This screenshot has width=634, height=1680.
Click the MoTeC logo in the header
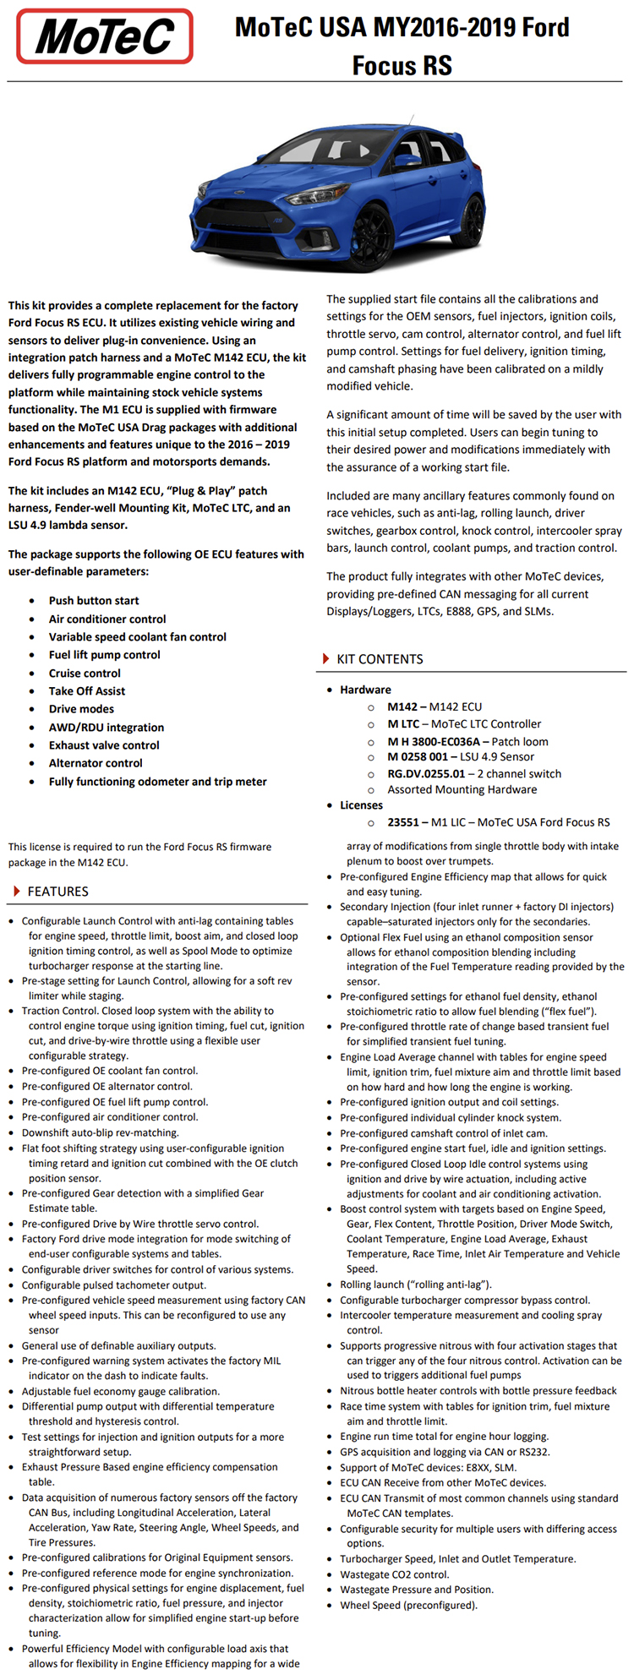coord(105,37)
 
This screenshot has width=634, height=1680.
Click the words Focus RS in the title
coord(402,65)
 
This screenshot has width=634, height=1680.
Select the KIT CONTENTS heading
coord(380,659)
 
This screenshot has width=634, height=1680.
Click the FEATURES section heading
coord(57,892)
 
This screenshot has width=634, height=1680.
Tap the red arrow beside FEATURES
coord(17,892)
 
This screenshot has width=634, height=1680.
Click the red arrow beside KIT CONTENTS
coord(326,659)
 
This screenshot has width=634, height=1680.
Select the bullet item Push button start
coord(94,601)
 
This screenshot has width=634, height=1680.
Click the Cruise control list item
coord(85,674)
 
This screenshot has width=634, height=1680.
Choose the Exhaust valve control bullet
coord(104,745)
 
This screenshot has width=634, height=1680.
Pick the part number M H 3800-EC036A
coord(434,741)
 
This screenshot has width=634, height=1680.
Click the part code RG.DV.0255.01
coord(426,773)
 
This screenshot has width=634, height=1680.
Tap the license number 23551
coord(404,822)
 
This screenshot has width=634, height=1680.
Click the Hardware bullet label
coord(365,690)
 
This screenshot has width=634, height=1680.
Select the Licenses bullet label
coord(361,805)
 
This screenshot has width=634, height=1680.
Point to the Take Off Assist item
coord(87,691)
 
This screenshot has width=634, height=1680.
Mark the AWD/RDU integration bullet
coord(107,728)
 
